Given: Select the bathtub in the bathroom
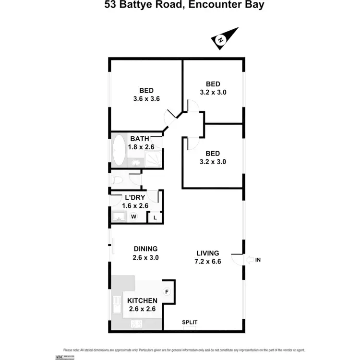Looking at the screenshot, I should tap(119, 150).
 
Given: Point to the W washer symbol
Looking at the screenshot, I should tap(134, 216).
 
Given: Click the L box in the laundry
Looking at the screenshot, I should tap(155, 217).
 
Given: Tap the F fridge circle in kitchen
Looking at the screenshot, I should tap(167, 291).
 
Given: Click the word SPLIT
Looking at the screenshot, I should tap(190, 323).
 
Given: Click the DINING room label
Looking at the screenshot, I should tap(145, 249).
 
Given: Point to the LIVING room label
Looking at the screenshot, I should tap(208, 253).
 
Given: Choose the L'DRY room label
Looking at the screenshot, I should tap(134, 197).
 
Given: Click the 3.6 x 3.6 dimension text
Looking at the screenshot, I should tap(146, 99).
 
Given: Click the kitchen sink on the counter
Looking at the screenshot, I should tap(117, 306).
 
